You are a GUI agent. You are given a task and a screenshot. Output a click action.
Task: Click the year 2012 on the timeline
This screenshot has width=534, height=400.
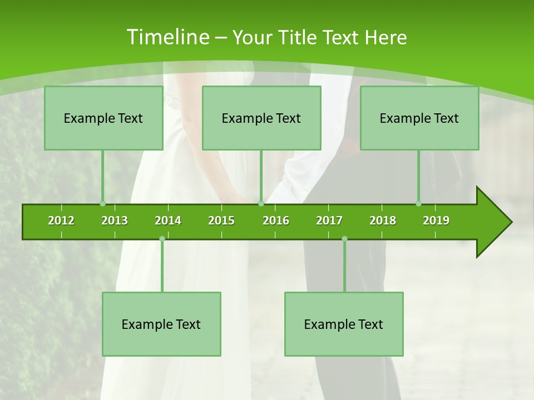61,221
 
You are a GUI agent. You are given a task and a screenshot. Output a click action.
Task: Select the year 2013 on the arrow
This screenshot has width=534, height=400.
115,221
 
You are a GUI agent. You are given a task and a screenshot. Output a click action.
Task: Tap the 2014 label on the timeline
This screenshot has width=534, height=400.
168,221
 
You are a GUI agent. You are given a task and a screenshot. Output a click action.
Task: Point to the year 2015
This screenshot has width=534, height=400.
221,221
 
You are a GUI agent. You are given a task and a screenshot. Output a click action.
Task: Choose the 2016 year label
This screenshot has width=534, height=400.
276,221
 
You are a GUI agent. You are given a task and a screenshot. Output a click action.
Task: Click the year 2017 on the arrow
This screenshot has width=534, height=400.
329,221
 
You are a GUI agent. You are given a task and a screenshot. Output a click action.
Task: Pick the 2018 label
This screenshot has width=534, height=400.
383,221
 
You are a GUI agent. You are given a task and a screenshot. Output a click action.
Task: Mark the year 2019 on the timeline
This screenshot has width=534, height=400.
436,221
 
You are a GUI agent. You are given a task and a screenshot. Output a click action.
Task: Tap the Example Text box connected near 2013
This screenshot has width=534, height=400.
103,118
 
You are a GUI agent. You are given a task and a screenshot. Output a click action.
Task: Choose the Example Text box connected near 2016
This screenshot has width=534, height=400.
261,118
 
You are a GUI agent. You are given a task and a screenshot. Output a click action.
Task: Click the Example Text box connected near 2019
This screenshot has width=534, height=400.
419,118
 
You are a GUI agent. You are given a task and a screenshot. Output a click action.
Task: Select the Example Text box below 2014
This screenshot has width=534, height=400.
161,324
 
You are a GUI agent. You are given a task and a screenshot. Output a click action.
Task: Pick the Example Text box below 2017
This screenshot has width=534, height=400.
344,324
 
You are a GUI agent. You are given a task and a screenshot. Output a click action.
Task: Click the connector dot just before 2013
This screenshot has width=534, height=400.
102,204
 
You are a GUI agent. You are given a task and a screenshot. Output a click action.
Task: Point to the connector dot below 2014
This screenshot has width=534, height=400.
162,239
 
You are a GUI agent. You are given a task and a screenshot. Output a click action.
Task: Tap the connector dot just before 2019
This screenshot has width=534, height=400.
418,204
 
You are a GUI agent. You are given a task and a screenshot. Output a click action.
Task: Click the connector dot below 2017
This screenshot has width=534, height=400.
344,239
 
